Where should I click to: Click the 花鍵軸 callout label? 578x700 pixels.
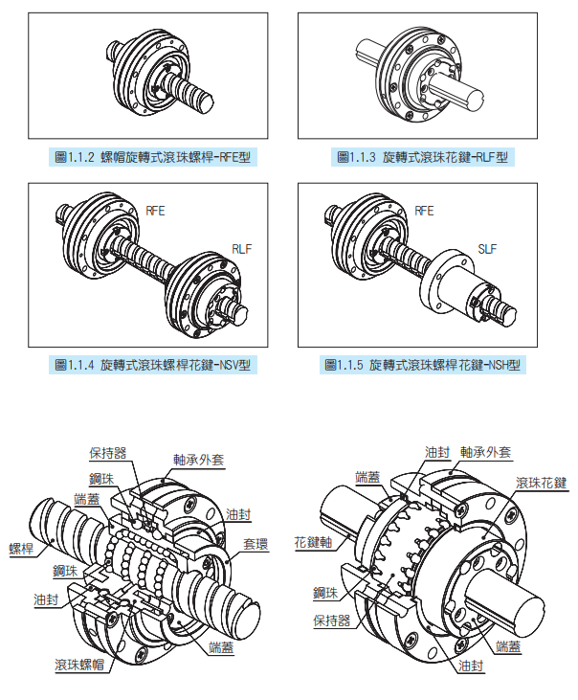click(x=312, y=541)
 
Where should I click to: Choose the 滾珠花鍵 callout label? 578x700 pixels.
click(x=541, y=482)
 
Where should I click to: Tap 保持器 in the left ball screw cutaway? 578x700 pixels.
click(x=107, y=452)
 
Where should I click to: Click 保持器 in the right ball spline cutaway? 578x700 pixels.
click(x=332, y=621)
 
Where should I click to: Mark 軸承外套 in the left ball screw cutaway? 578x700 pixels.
click(x=199, y=459)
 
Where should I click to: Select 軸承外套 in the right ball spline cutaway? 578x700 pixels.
click(x=485, y=452)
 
